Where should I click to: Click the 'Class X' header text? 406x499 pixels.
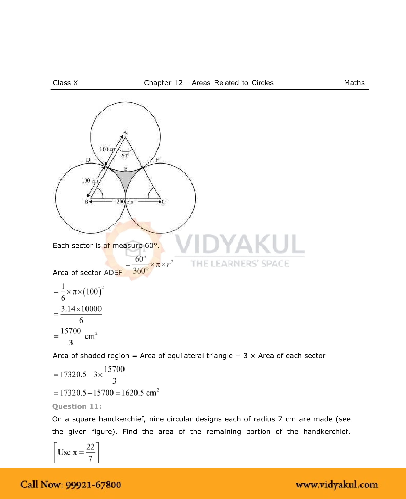(x=65, y=83)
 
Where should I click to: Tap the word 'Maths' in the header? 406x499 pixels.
(x=354, y=83)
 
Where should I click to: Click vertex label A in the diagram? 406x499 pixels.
(x=125, y=133)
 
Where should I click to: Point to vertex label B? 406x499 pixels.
(x=86, y=202)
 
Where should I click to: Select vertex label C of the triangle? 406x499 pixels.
(x=164, y=202)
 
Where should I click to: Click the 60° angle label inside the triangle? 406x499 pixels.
(x=125, y=156)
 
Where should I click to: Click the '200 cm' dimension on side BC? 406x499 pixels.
(x=125, y=202)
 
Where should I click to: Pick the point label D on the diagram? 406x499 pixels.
(x=88, y=160)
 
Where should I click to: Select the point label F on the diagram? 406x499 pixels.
(x=157, y=160)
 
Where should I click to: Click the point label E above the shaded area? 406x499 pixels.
(x=126, y=169)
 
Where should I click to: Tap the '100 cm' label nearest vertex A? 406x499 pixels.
(x=108, y=149)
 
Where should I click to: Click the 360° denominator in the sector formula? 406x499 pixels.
(x=140, y=271)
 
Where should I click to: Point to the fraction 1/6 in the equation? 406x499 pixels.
(x=63, y=292)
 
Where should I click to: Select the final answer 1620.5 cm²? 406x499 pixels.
(x=140, y=393)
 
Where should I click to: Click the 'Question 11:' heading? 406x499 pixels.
(x=77, y=406)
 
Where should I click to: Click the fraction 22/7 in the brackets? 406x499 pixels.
(x=90, y=453)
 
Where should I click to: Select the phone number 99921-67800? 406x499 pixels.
(x=93, y=485)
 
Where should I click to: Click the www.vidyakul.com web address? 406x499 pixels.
(x=336, y=485)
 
